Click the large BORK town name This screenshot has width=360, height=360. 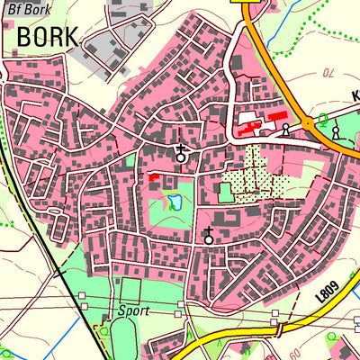click(x=48, y=38)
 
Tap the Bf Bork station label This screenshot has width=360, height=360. click(x=27, y=10)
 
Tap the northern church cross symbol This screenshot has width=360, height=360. click(x=181, y=154)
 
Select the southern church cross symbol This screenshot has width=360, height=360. click(x=209, y=237)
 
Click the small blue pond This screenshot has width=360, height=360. click(x=173, y=203)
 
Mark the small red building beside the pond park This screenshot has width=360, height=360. click(x=155, y=179)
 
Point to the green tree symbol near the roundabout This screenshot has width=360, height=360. click(x=323, y=120)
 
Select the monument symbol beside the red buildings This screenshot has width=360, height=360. click(x=287, y=131)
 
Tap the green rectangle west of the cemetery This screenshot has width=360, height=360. click(x=225, y=193)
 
